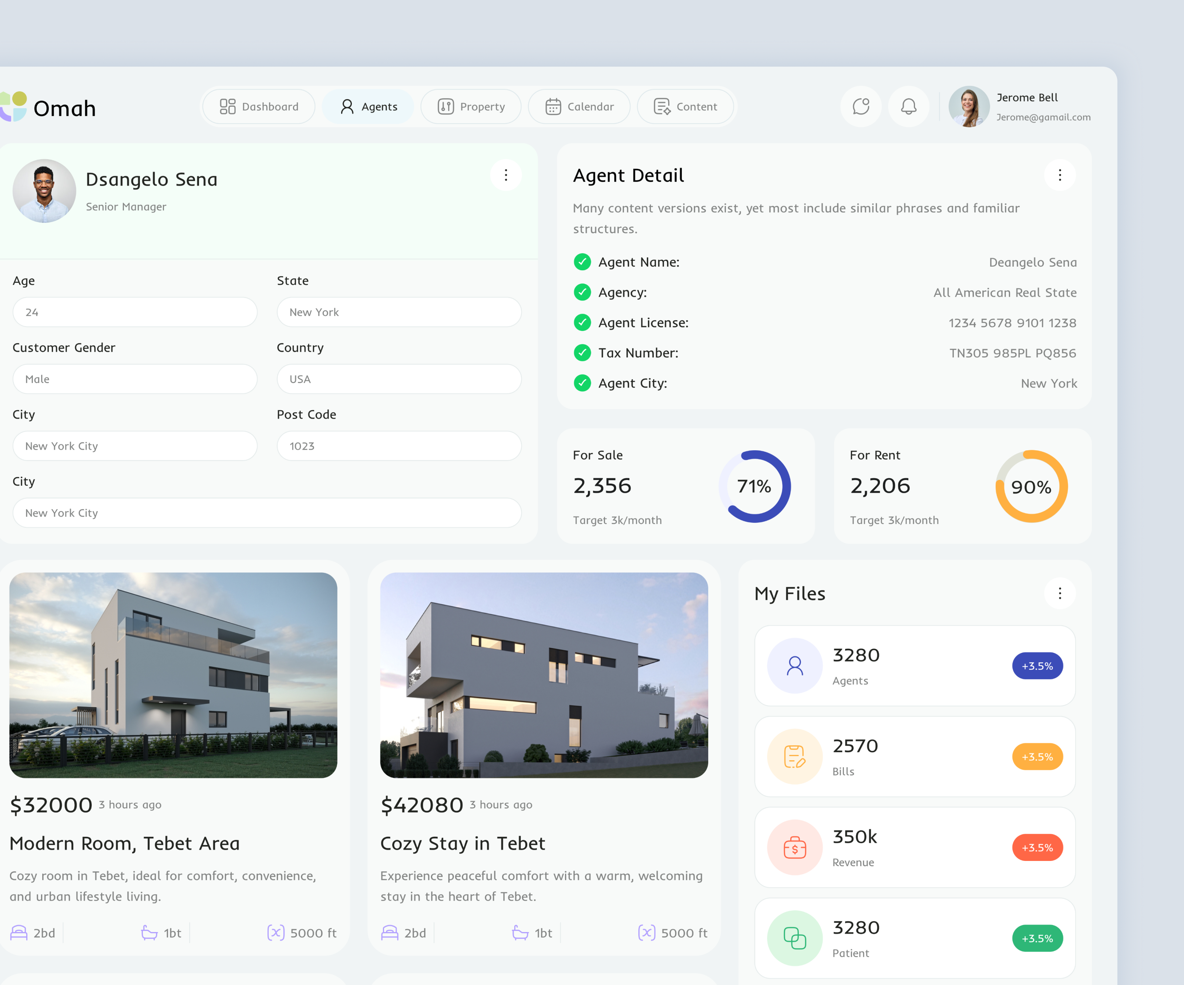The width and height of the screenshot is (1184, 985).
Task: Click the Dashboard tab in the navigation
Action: [259, 107]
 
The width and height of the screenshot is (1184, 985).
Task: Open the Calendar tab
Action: [579, 107]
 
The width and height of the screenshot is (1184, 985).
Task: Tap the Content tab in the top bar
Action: [685, 107]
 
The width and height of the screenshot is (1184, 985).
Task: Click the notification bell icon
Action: [908, 107]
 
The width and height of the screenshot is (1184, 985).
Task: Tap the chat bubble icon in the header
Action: [861, 107]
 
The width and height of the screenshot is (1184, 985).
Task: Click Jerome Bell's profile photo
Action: [969, 107]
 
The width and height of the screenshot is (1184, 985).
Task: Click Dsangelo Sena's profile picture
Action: [44, 191]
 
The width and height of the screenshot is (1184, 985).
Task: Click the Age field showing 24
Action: [135, 312]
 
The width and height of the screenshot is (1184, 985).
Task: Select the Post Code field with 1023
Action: [398, 446]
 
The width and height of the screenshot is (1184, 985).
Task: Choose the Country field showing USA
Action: [398, 379]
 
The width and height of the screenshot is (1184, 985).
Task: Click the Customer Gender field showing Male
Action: [135, 379]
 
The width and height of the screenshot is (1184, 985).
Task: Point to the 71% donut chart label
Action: [754, 486]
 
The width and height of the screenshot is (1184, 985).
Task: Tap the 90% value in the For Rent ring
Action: [1031, 487]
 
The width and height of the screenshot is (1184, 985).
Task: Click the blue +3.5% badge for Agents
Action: [1037, 666]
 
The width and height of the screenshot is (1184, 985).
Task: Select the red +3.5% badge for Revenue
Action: [1037, 847]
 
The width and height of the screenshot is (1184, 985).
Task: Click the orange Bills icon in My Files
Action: [794, 757]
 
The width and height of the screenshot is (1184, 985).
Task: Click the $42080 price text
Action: [422, 805]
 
